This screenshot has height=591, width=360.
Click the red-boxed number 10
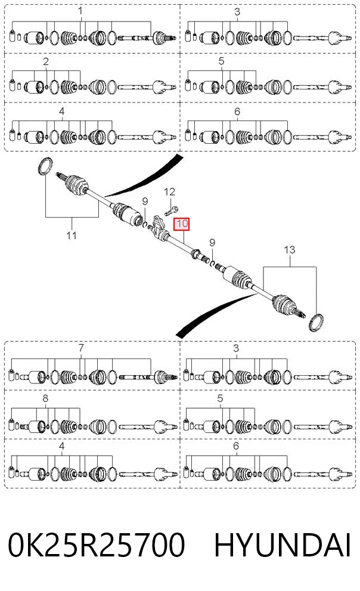182,224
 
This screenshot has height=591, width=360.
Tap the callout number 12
169,192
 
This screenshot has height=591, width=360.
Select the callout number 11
72,236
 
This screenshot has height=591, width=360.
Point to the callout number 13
289,250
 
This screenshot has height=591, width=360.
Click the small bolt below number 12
171,211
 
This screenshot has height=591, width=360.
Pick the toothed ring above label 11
45,166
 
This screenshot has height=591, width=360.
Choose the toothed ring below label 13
315,322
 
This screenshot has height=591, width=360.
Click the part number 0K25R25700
97,545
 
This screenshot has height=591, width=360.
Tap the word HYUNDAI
283,545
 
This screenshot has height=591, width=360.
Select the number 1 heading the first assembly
80,11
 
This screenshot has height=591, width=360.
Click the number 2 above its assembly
46,61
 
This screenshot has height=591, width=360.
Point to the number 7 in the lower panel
81,348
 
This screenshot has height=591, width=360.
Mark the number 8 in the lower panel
45,398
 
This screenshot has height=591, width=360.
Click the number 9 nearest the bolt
145,202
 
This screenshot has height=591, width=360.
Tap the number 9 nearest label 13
212,243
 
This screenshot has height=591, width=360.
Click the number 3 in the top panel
237,12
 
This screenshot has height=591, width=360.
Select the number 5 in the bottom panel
221,398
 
